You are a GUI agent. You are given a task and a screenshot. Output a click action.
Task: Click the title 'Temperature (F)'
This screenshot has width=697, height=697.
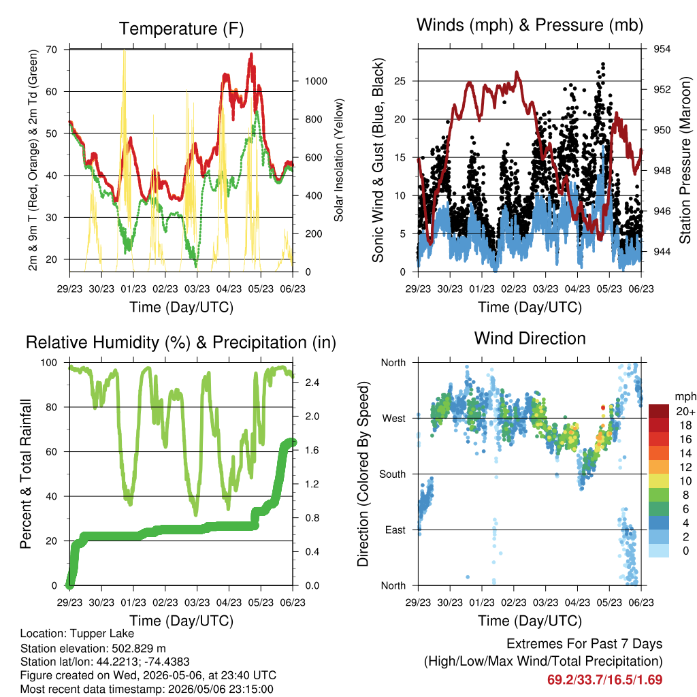click(x=181, y=29)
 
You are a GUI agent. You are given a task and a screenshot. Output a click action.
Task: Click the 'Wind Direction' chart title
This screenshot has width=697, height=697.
click(x=530, y=338)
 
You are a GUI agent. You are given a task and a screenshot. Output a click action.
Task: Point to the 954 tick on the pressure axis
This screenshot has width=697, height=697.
click(x=662, y=49)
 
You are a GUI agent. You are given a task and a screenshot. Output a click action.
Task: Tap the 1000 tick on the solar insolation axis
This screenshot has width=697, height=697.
click(x=316, y=81)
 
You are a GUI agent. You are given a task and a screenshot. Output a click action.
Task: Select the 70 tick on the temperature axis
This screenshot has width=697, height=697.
click(x=52, y=49)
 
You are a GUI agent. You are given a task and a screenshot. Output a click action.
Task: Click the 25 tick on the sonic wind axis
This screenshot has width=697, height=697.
click(x=400, y=81)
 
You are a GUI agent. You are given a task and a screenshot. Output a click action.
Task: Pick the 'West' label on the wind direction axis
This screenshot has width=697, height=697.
click(x=394, y=419)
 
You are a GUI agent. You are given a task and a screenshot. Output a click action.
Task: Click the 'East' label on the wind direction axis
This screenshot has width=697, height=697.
click(x=395, y=530)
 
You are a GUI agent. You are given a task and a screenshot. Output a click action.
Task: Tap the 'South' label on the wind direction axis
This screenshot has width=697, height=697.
click(x=393, y=474)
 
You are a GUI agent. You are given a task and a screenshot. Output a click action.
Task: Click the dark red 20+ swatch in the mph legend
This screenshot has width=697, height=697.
click(x=659, y=411)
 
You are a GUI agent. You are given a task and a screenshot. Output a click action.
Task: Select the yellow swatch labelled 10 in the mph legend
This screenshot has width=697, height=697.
click(x=659, y=481)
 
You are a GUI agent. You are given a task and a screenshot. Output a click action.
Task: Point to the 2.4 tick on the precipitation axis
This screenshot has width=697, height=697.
click(x=312, y=383)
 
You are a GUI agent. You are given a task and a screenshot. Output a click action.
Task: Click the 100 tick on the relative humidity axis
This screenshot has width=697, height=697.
click(x=49, y=363)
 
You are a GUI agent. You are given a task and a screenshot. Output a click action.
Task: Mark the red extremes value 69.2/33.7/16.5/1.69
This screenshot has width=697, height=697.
click(x=604, y=680)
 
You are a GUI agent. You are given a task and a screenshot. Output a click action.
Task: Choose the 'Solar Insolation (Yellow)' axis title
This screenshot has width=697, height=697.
click(x=339, y=160)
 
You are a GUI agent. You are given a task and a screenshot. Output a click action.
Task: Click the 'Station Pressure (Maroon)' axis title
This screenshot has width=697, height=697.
click(x=685, y=160)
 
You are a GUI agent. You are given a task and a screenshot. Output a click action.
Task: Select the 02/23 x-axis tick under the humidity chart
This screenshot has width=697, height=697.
click(x=165, y=602)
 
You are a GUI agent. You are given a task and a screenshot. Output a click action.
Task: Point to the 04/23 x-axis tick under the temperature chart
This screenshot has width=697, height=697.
click(x=229, y=289)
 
